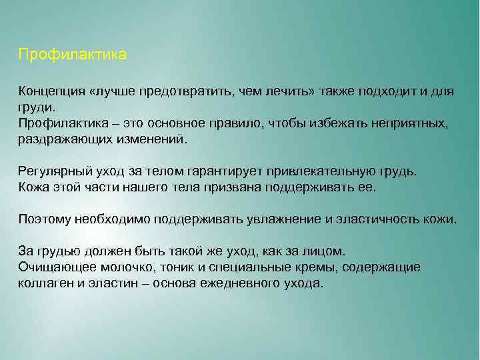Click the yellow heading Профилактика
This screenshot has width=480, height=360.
(x=72, y=54)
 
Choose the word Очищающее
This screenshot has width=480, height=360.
(x=53, y=267)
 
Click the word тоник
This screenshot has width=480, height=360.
(x=163, y=267)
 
